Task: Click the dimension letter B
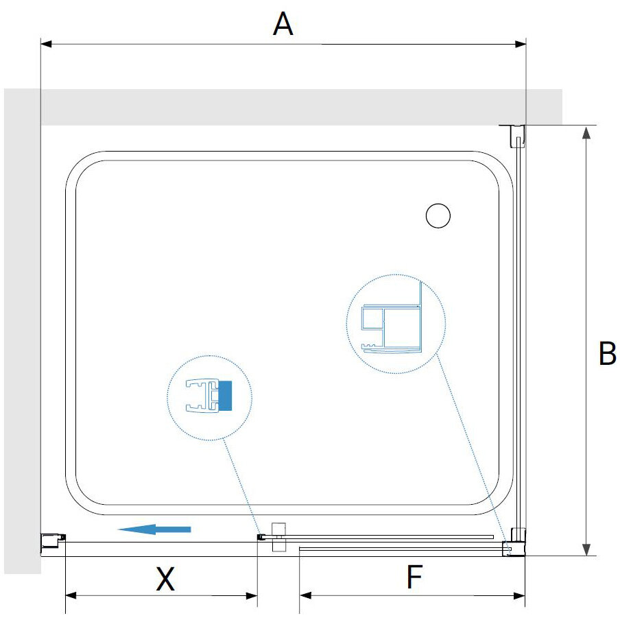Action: pos(607,354)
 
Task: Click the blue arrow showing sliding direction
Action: pos(154,529)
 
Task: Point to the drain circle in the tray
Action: pos(438,216)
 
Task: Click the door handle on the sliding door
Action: pos(278,537)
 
